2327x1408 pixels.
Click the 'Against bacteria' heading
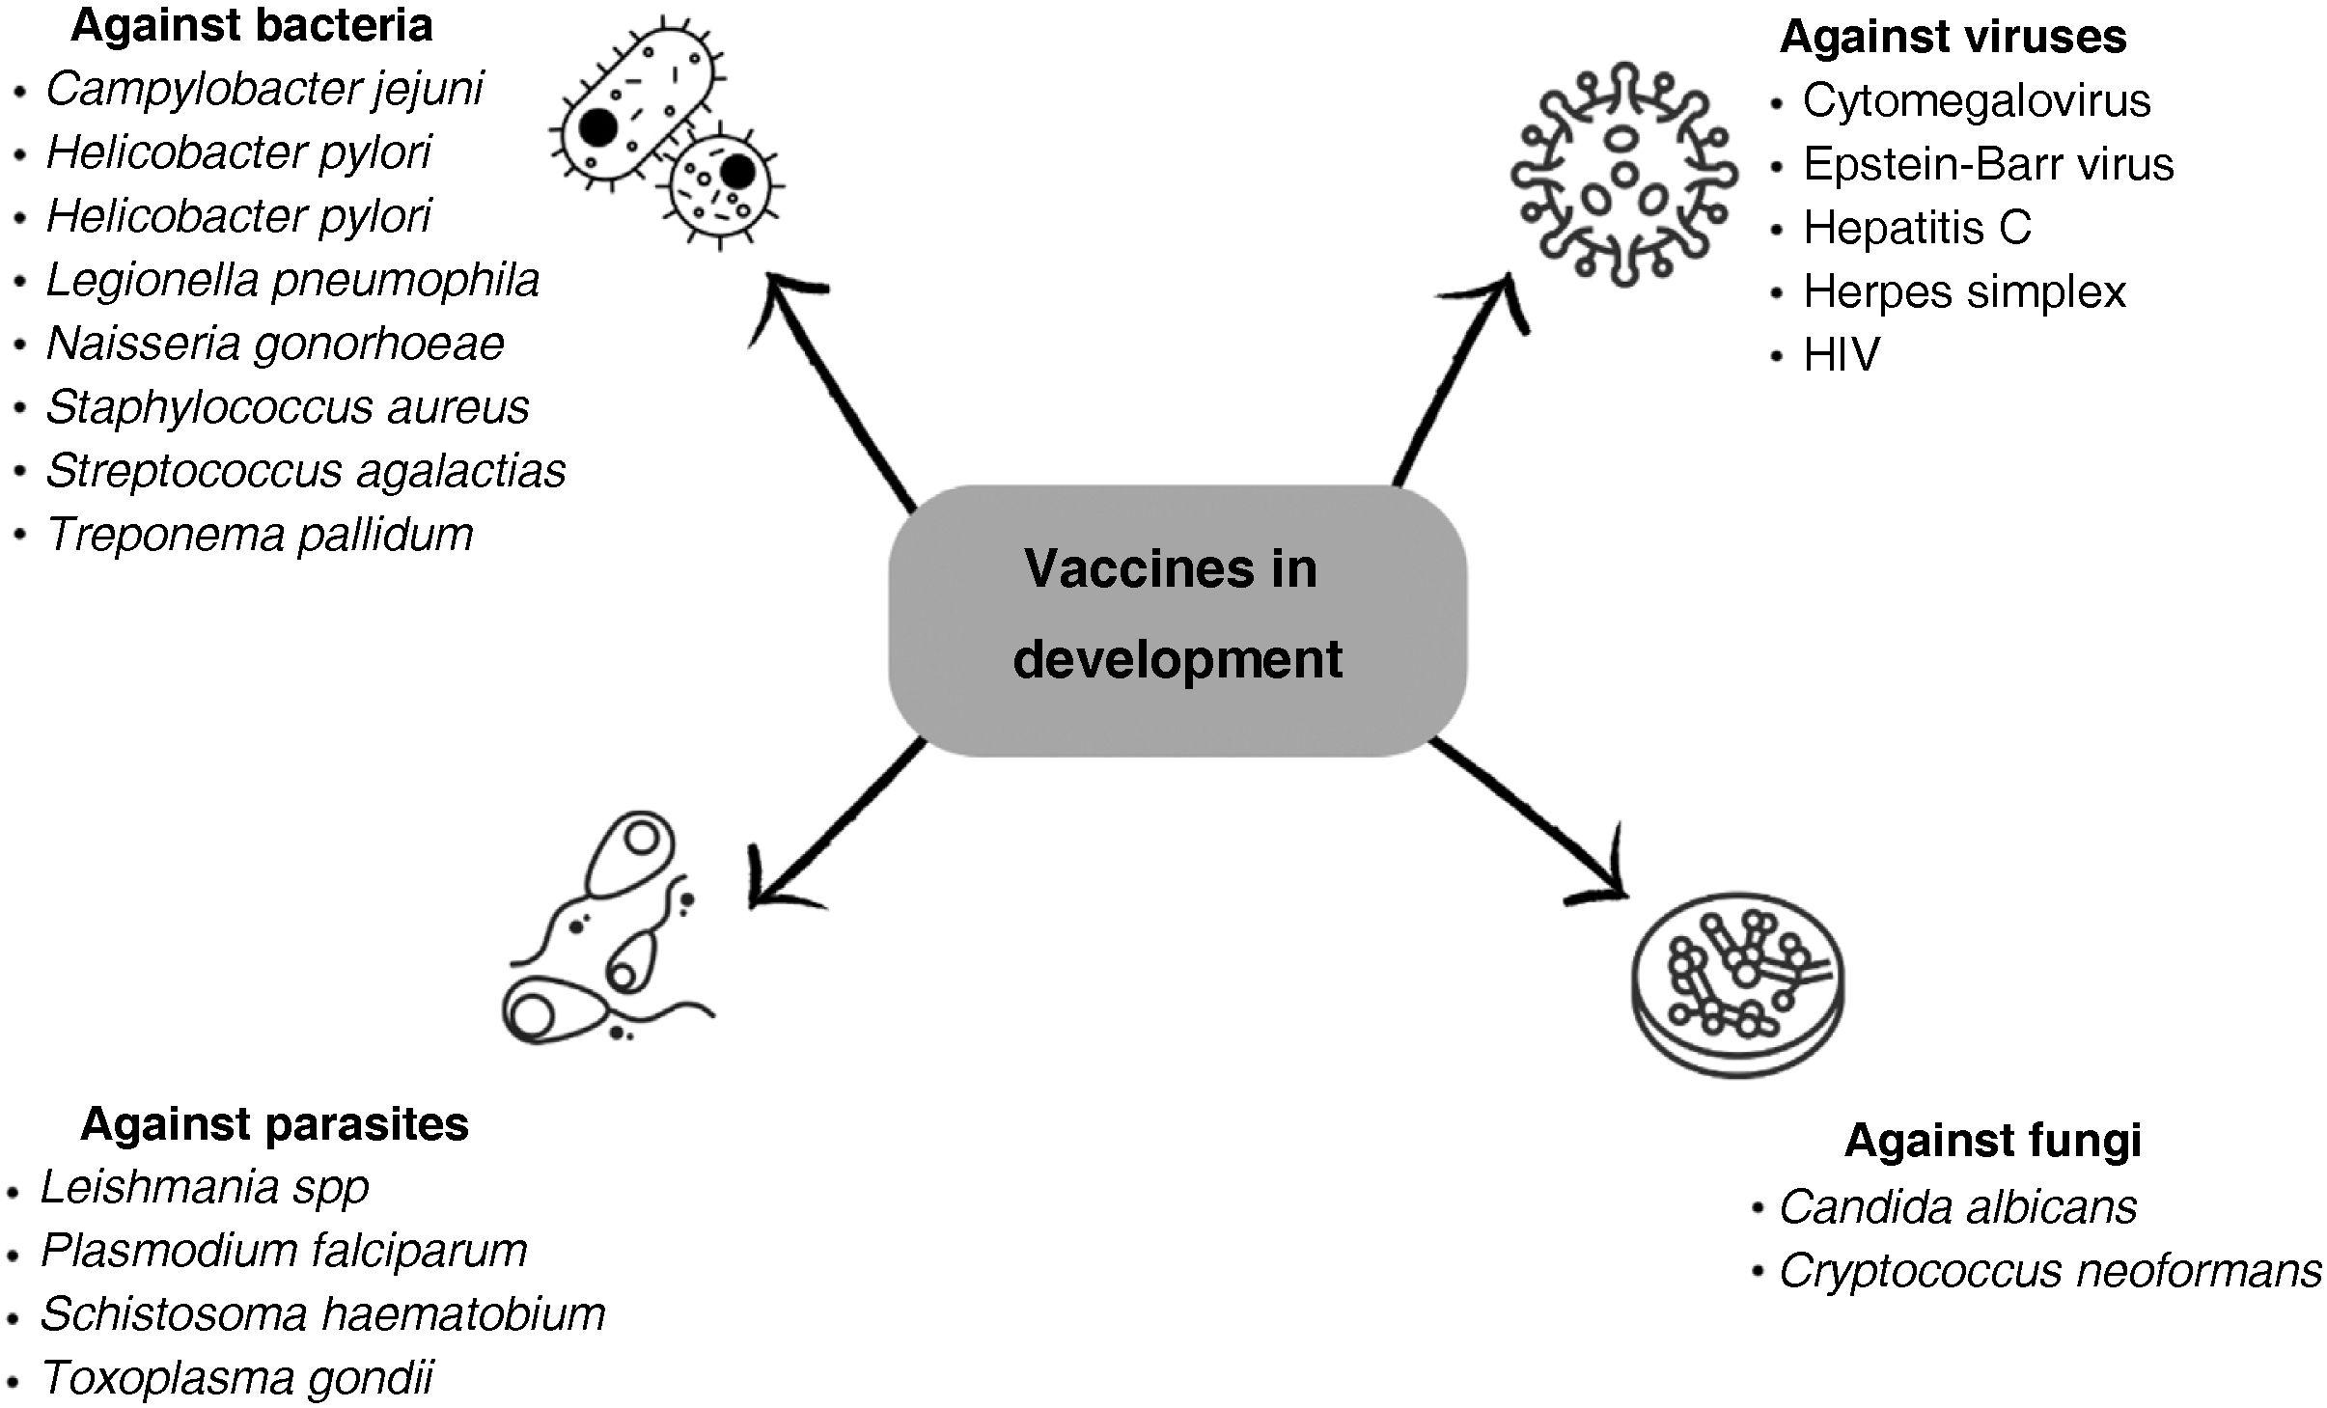pos(251,26)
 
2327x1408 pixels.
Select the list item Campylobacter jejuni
pos(263,90)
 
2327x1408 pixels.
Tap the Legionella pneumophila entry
pos(292,281)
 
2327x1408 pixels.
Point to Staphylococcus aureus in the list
pos(287,407)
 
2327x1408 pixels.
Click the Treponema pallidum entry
pos(260,535)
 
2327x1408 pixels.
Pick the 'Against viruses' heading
pos(1953,37)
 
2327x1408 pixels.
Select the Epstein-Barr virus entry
pos(1988,164)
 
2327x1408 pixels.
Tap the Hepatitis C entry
pos(1917,228)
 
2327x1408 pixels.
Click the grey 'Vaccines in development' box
pos(1177,620)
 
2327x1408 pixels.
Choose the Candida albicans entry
pos(1957,1206)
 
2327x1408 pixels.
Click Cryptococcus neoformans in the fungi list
pos(2050,1271)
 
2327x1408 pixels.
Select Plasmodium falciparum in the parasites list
pos(284,1251)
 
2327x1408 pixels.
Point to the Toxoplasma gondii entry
pos(237,1378)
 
